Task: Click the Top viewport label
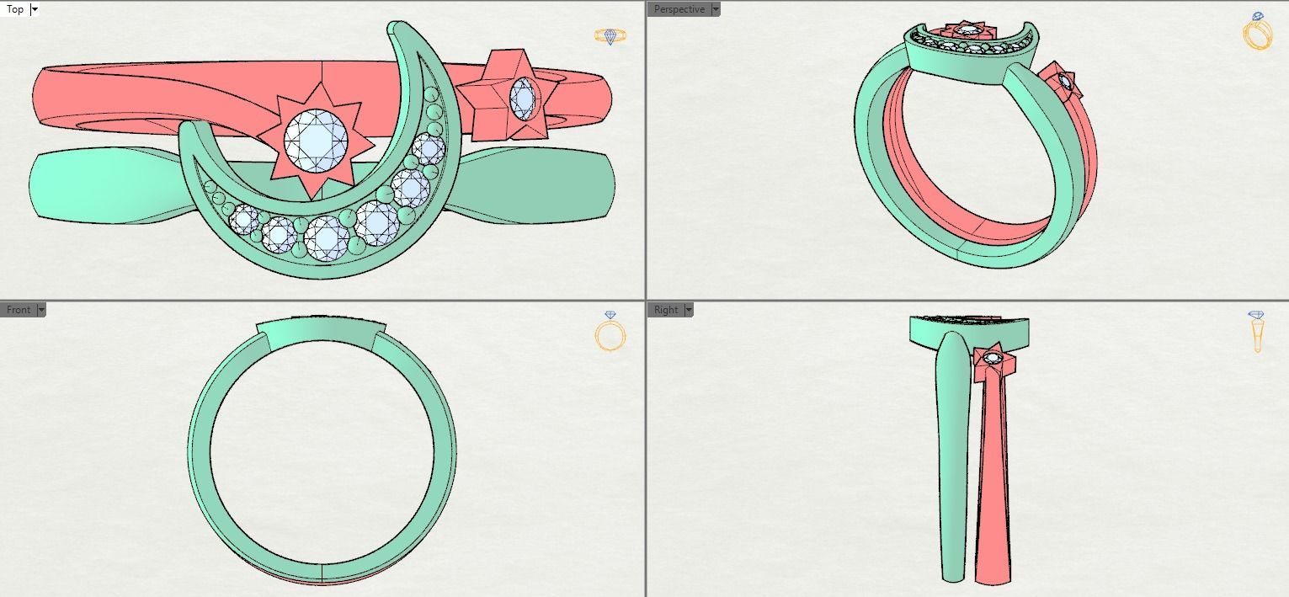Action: pos(15,9)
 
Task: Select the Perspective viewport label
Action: pos(679,9)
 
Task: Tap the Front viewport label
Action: pos(19,310)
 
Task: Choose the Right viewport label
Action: pos(666,310)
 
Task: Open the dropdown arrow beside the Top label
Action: pos(35,9)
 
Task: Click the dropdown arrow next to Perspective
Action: pos(716,9)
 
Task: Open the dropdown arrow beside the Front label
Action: pos(41,310)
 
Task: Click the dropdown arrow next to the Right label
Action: pos(689,310)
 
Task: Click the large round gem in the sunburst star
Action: pos(316,141)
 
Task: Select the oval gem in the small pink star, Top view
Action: pos(523,99)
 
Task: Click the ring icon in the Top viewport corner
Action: pos(610,36)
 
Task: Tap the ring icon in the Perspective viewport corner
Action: pos(1257,31)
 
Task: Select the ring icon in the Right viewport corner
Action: pos(1256,331)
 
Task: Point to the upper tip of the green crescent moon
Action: pos(395,24)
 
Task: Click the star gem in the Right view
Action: pos(993,358)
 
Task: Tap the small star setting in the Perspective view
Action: pos(1063,82)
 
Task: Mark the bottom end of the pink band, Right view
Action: pos(993,582)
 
